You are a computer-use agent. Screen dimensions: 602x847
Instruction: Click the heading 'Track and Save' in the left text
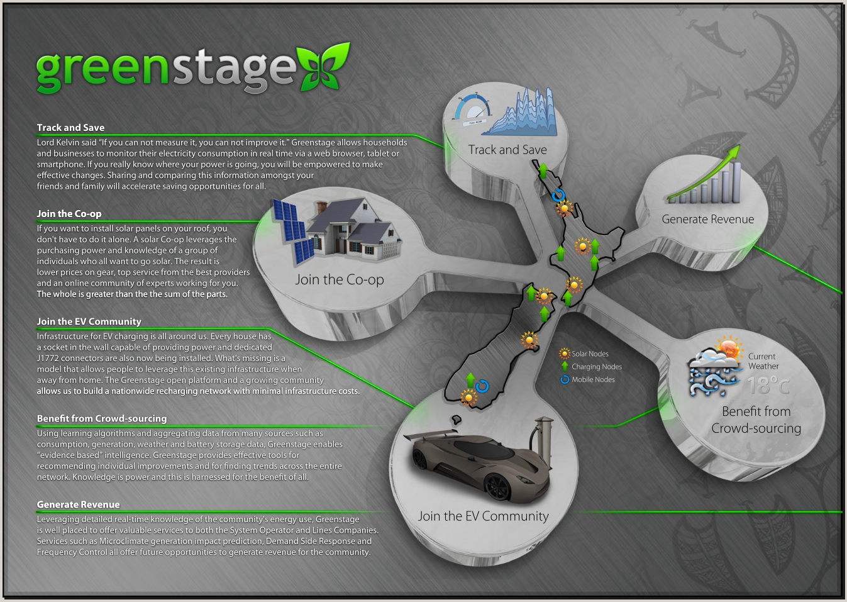coord(70,128)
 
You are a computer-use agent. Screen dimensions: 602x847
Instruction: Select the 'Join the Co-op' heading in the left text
coord(69,214)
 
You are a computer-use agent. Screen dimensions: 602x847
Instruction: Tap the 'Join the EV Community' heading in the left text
coord(89,321)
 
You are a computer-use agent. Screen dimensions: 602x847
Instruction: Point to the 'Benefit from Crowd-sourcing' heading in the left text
coord(102,418)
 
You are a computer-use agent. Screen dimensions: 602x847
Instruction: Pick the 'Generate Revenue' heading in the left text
coord(78,504)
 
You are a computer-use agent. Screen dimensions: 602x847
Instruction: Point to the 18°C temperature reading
coord(767,385)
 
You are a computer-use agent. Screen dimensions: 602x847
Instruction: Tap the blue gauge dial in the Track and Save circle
coord(472,109)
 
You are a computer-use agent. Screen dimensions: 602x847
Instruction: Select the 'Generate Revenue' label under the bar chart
coord(707,219)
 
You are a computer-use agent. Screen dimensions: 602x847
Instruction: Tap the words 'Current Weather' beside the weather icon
coord(763,361)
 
